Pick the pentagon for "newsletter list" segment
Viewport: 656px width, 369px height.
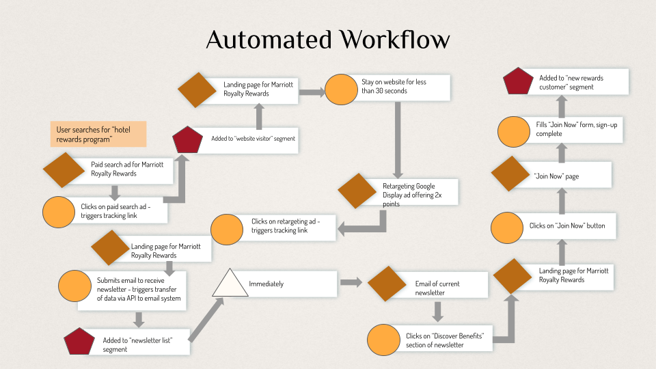(x=79, y=342)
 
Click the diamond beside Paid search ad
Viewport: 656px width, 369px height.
(x=64, y=169)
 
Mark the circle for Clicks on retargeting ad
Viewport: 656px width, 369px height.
(x=229, y=230)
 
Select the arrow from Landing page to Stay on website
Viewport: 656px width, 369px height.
(x=311, y=92)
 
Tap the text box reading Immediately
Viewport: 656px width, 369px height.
(x=290, y=284)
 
